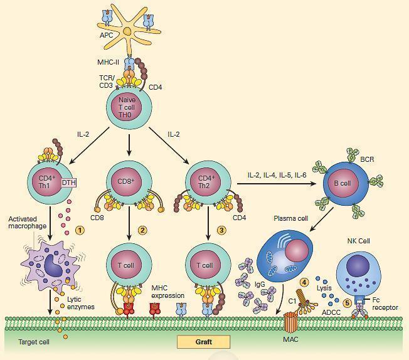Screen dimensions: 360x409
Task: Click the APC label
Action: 107,35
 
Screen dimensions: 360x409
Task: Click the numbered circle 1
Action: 80,230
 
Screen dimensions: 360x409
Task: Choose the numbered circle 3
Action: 221,230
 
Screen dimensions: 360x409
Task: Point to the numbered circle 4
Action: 304,282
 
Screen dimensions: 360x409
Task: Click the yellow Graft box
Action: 203,342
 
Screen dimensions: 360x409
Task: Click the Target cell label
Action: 28,342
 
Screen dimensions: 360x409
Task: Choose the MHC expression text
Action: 167,291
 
